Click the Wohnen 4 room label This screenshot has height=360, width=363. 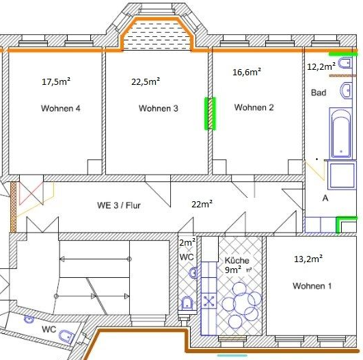61,108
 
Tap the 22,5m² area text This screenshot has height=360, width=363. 146,81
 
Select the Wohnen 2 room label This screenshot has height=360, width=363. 254,107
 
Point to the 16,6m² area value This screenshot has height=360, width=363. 247,72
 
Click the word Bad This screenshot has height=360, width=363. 319,92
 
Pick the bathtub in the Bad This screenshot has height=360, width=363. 340,133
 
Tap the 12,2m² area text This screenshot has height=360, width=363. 321,66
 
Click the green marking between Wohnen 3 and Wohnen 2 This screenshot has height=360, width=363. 210,114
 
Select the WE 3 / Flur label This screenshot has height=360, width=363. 119,205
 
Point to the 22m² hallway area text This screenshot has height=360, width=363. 202,204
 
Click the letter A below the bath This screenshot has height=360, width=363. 325,198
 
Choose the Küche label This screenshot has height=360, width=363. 237,260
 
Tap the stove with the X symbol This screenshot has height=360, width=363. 209,300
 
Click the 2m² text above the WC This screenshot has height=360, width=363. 187,242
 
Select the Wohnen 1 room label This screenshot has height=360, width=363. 312,286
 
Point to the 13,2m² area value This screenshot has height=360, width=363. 308,259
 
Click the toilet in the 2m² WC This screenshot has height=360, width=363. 187,303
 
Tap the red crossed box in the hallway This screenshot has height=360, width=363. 31,193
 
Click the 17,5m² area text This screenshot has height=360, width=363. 56,81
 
